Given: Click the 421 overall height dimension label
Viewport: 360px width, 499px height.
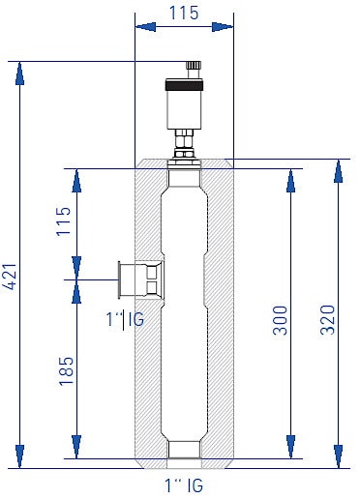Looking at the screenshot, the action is [12, 277].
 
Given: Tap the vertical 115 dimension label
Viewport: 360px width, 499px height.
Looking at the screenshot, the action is [64, 221].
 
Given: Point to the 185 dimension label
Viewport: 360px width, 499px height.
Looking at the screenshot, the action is [66, 371].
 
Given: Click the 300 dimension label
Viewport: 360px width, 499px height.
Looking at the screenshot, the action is [280, 320].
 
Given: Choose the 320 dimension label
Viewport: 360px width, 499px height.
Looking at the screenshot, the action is [328, 320].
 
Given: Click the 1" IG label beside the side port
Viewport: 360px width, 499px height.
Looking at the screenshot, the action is [125, 319].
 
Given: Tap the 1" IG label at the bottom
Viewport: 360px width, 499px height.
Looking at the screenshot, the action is [184, 485].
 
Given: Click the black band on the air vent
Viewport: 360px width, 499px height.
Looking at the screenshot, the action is [184, 85].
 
